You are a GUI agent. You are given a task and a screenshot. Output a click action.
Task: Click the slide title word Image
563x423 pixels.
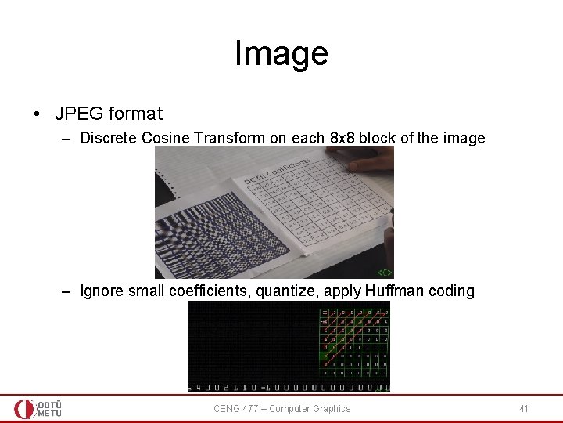[281, 54]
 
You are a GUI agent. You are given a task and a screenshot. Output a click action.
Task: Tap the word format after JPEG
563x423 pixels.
[135, 114]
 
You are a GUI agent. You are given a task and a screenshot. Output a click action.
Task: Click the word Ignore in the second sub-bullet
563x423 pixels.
[102, 291]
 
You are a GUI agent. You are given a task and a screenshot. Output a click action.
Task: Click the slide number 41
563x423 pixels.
[524, 408]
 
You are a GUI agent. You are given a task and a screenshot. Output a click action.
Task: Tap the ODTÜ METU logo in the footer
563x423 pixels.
[38, 408]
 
